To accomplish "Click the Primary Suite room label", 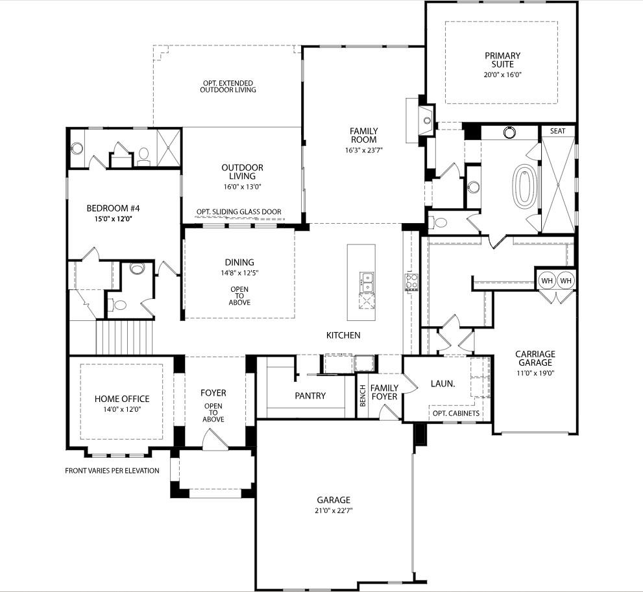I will coord(502,60).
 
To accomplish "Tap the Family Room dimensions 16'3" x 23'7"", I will coord(363,151).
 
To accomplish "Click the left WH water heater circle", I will coord(547,280).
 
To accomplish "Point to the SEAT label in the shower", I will coord(557,131).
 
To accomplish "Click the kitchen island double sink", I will coord(365,282).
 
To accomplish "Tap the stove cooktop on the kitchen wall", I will coord(411,281).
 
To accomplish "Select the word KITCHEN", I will coord(343,335).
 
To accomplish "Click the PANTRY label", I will coord(310,396).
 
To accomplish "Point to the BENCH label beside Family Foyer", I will coord(363,396).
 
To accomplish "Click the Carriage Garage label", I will coord(535,359).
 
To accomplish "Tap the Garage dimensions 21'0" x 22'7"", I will coord(334,510).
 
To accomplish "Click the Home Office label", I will coord(121,399).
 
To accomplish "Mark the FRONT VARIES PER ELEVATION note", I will coord(112,471).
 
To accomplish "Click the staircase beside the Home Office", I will coord(123,338).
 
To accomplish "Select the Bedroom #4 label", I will coord(114,208).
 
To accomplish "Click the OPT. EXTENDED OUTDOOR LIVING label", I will coord(227,86).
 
